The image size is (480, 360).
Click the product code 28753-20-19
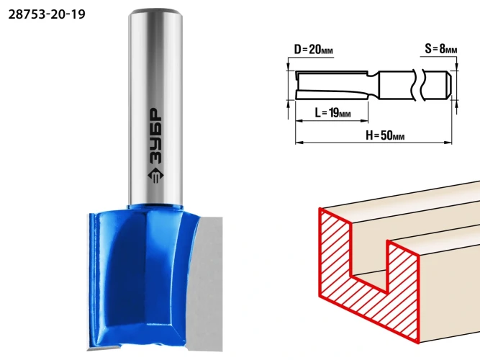tap(47, 14)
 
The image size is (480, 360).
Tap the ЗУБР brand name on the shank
tap(156, 135)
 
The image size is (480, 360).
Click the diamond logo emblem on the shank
tap(156, 176)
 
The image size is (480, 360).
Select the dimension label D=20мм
tap(313, 49)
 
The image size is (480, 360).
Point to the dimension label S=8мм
tap(441, 48)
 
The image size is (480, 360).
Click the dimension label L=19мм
tap(332, 113)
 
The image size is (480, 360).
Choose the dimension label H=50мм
tap(385, 135)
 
